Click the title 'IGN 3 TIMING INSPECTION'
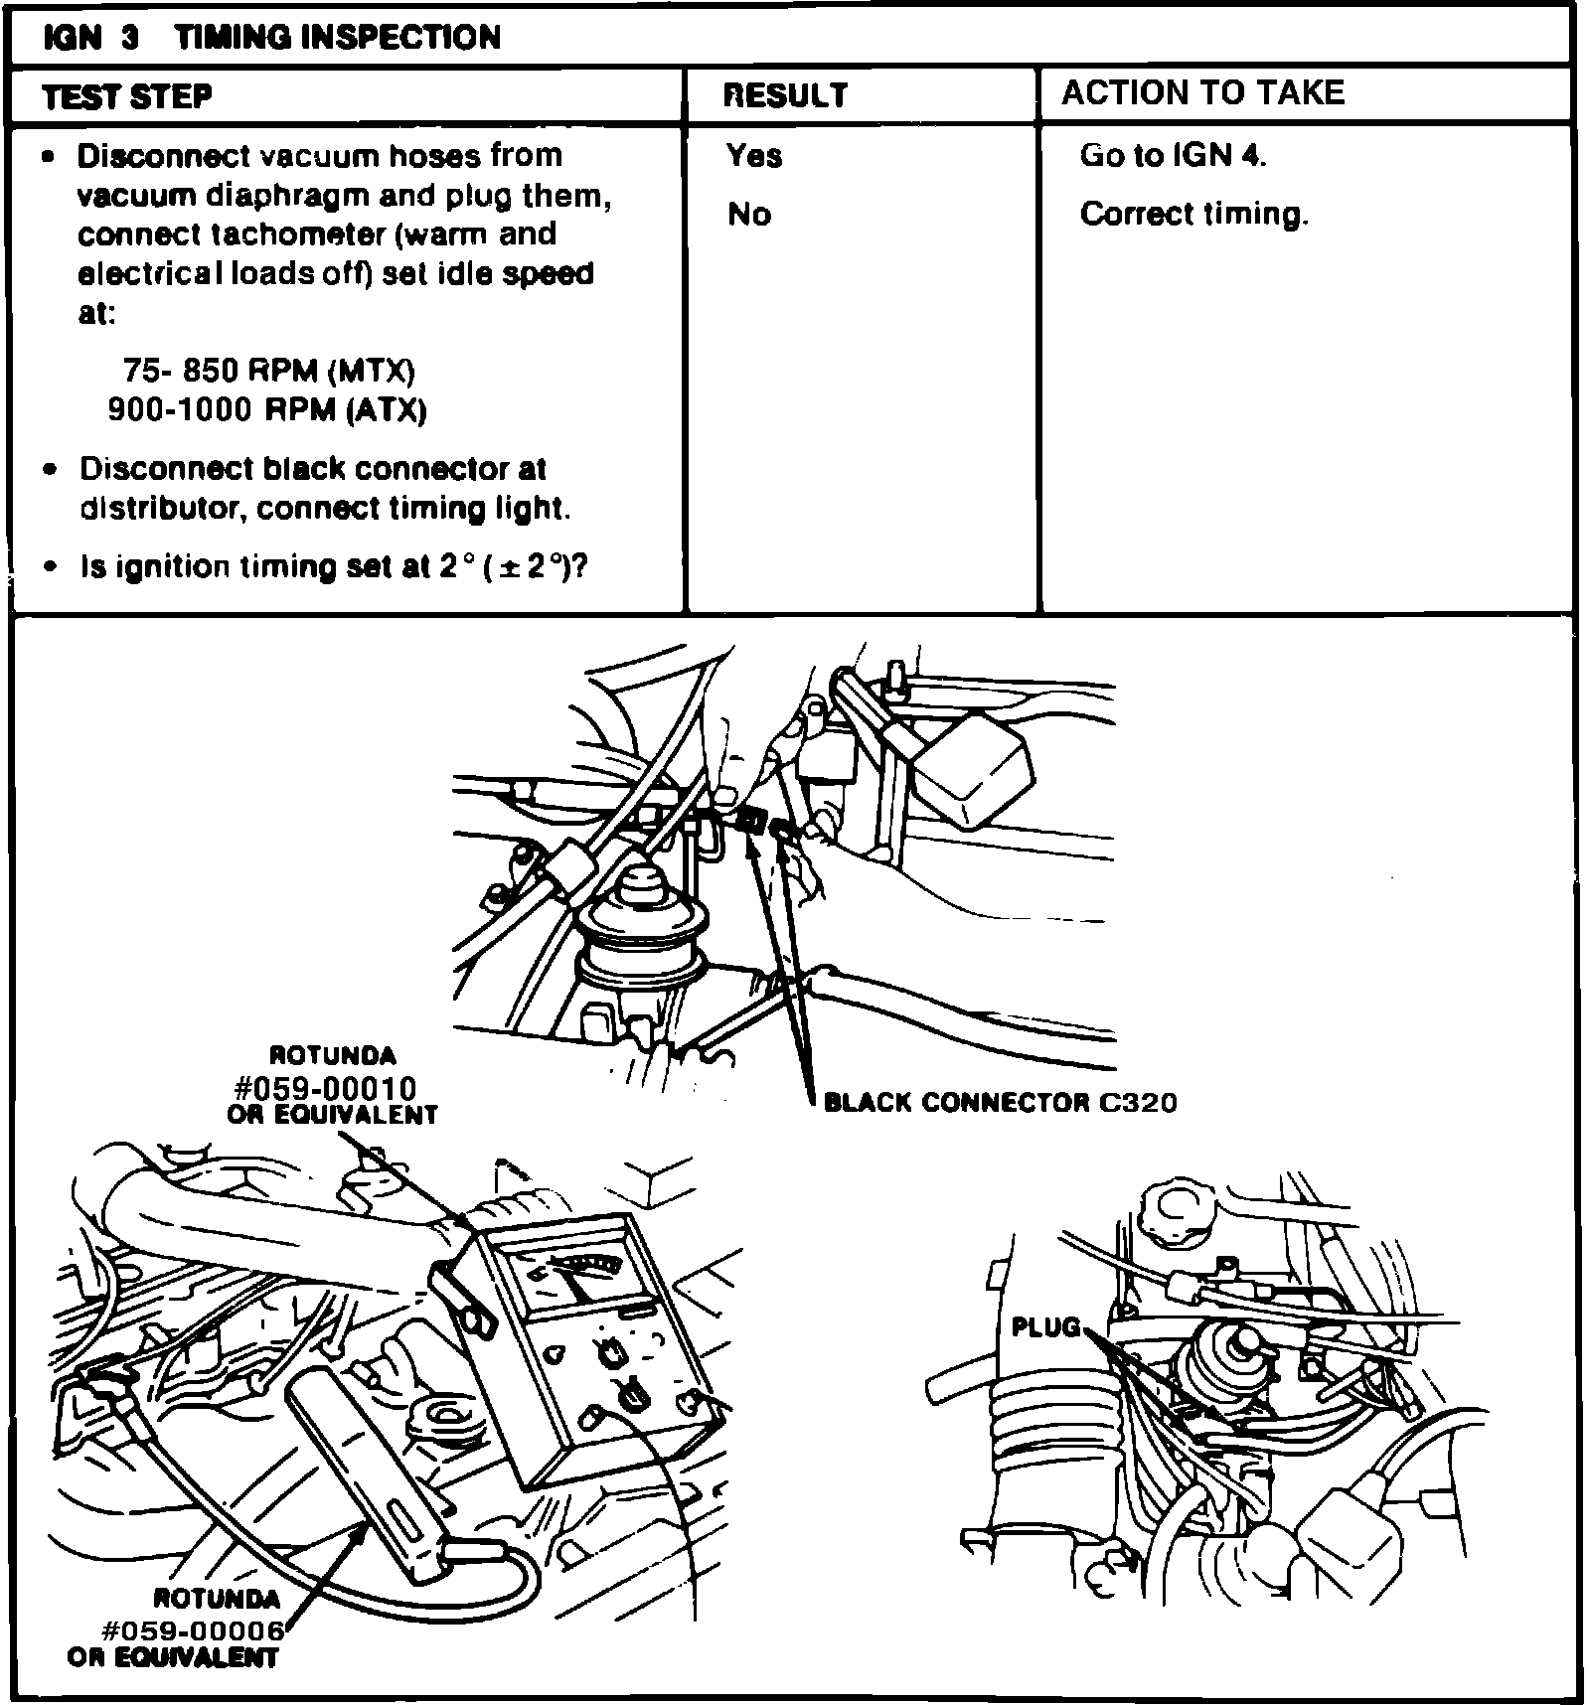tap(271, 37)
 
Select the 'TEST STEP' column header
tap(127, 96)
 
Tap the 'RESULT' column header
tap(785, 95)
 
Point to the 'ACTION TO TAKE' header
tap(1202, 92)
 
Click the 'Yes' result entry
tap(753, 155)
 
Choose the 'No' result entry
tap(749, 214)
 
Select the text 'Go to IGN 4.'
tap(1173, 155)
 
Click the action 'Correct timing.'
tap(1193, 214)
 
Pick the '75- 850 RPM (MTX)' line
tap(268, 371)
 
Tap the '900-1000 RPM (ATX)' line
tap(266, 409)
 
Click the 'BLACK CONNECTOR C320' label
tap(1000, 1102)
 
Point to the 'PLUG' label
tap(1044, 1327)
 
